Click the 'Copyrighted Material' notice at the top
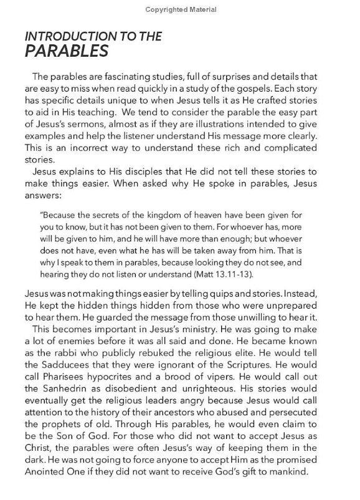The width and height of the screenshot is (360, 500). point(180,10)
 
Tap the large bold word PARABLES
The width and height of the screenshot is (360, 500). point(65,51)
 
